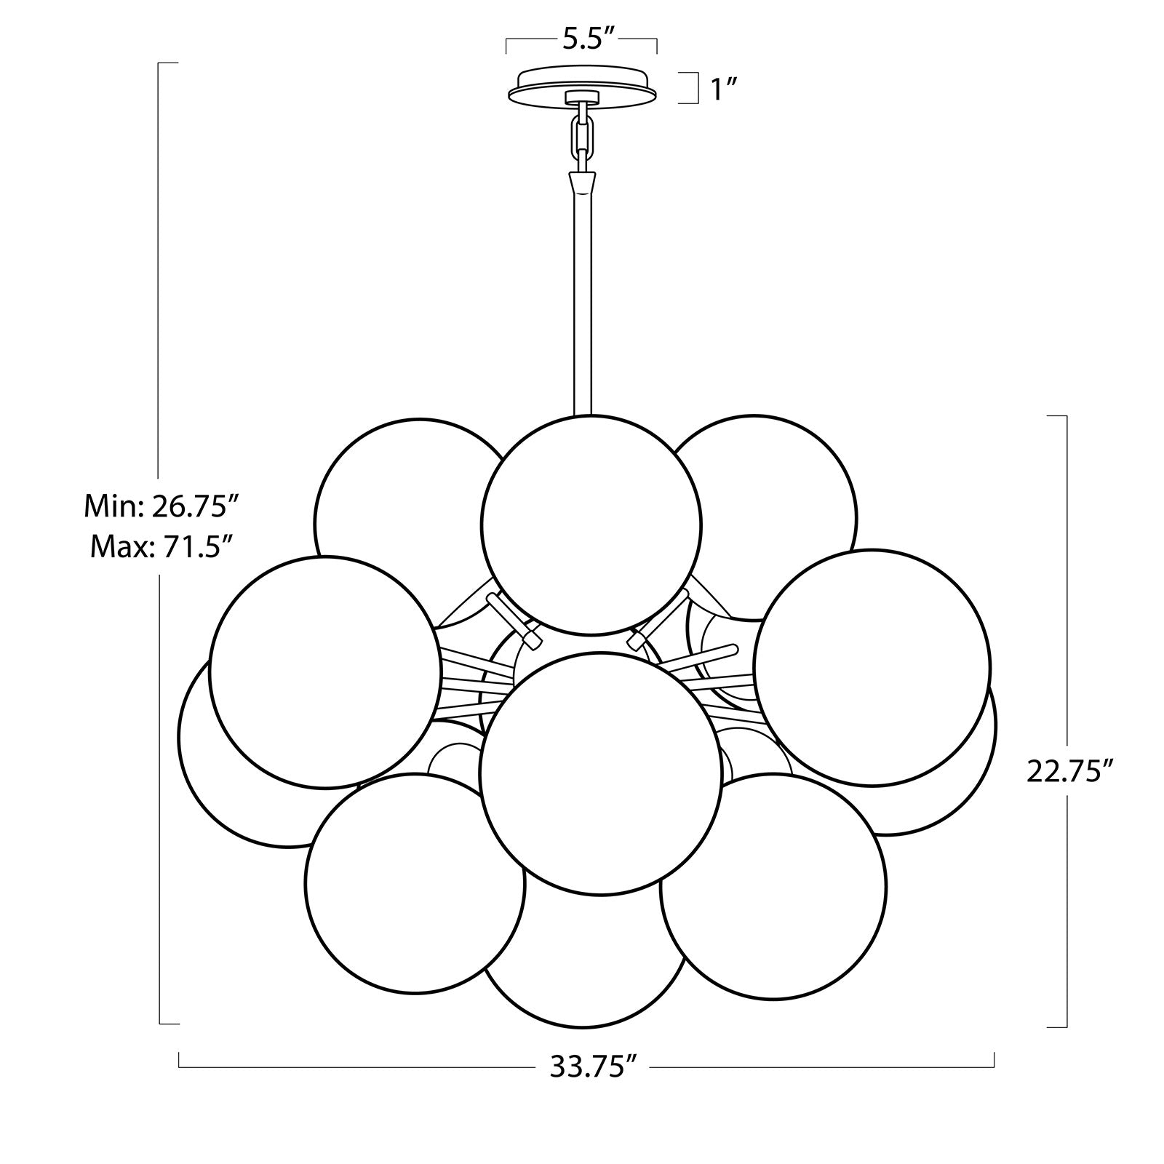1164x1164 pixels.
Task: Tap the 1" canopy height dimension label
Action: pyautogui.click(x=725, y=89)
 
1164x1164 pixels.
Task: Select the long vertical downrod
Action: pyautogui.click(x=583, y=306)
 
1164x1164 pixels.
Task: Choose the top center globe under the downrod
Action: pyautogui.click(x=591, y=524)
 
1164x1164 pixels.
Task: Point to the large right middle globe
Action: pyautogui.click(x=873, y=666)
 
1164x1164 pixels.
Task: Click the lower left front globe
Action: pyautogui.click(x=415, y=883)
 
